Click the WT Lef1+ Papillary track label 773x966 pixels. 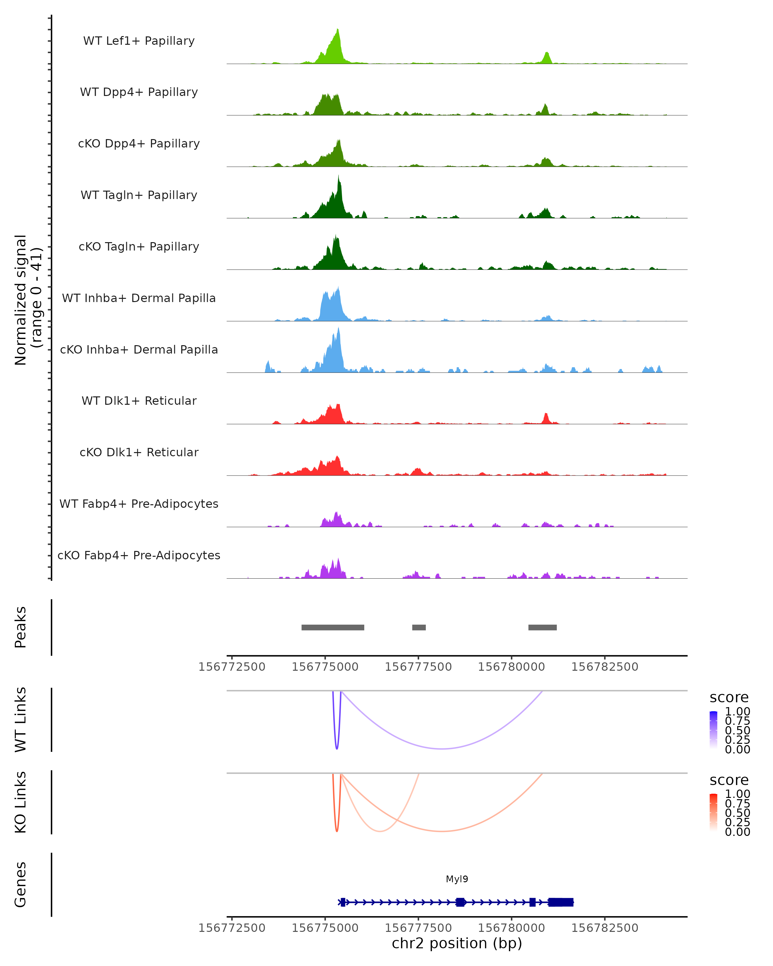(x=139, y=41)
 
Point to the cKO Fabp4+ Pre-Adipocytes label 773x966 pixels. (x=139, y=555)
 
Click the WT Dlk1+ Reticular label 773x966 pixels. (x=139, y=401)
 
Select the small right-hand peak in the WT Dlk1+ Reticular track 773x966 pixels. (x=545, y=417)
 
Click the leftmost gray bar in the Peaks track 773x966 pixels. (x=332, y=627)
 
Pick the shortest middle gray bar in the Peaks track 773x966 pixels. (x=419, y=627)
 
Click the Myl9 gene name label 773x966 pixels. (x=457, y=879)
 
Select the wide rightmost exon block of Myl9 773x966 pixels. (x=561, y=902)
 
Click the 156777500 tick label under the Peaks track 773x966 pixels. (x=418, y=667)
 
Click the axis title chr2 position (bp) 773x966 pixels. (x=457, y=943)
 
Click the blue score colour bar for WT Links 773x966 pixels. (x=713, y=730)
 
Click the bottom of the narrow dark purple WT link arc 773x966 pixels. (x=337, y=748)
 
